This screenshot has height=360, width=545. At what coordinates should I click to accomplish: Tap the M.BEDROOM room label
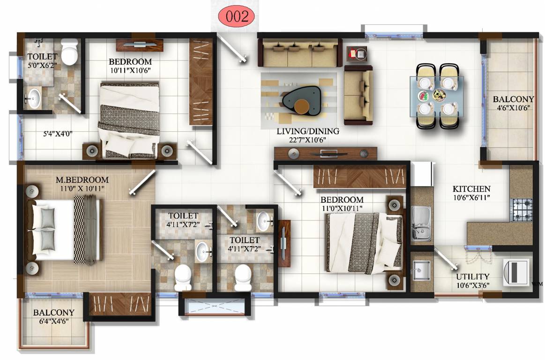tap(82, 180)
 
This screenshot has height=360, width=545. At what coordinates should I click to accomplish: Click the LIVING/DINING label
tap(307, 132)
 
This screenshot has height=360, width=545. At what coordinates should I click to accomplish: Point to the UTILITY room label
tap(473, 277)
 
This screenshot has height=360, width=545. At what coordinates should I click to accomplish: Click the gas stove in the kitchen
tap(522, 210)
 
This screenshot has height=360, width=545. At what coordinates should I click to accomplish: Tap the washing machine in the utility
tap(517, 272)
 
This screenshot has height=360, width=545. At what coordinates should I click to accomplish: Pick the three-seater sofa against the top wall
tap(300, 52)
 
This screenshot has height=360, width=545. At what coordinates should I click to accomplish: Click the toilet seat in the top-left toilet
tap(69, 52)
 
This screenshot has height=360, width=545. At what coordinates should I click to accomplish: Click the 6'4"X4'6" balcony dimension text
tap(53, 322)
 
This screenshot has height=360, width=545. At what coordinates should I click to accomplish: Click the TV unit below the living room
tap(326, 153)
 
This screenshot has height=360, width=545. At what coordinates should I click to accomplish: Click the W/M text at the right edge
tap(538, 284)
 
